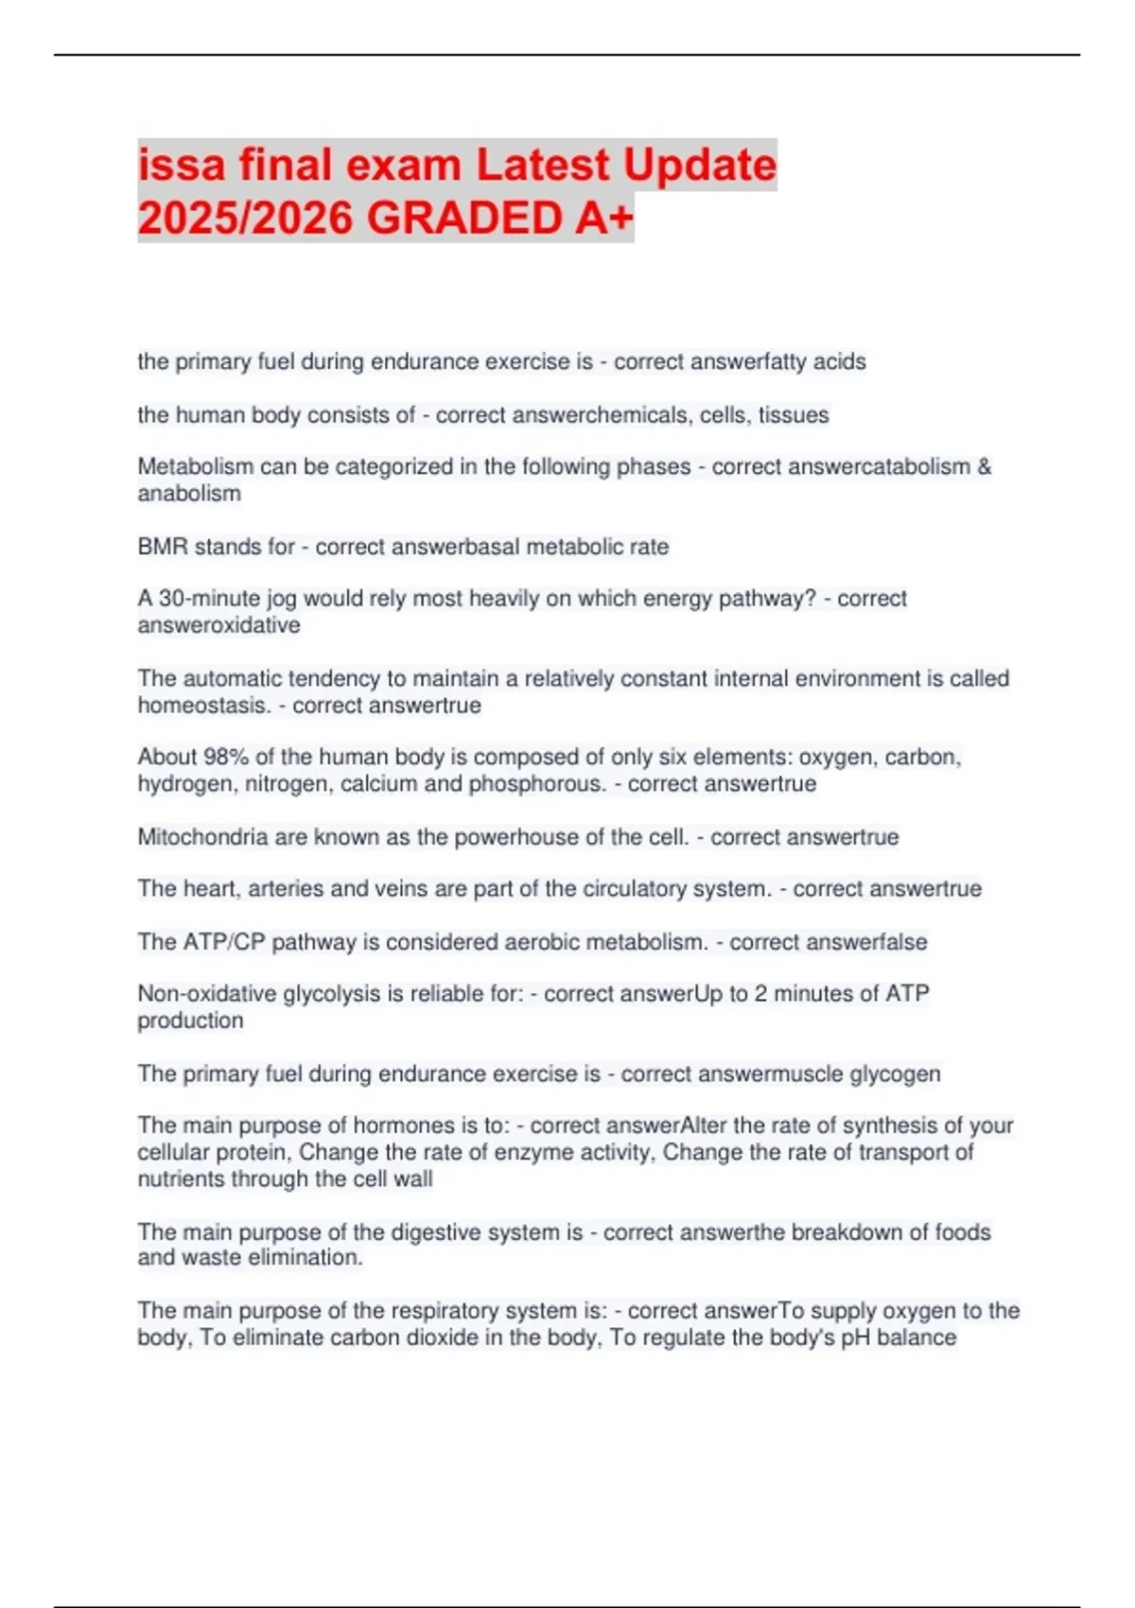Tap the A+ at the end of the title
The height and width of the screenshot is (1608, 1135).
[x=602, y=218]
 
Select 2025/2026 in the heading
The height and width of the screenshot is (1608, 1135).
[x=246, y=218]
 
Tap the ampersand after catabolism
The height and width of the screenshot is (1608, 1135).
[x=984, y=466]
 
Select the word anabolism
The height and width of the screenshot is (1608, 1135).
[x=189, y=494]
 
